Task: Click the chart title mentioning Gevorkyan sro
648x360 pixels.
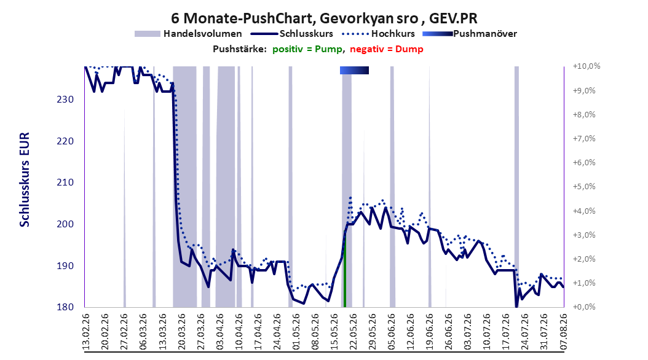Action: (x=324, y=18)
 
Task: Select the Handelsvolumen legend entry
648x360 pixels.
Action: (x=189, y=34)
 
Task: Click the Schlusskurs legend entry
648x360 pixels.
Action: (x=292, y=34)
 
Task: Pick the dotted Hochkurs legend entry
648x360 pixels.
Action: (x=378, y=34)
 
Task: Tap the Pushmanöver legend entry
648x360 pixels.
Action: (x=470, y=34)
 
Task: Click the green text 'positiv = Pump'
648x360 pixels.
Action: (x=307, y=49)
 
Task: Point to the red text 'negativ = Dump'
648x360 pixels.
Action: (x=387, y=49)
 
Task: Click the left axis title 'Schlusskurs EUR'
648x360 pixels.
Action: (x=25, y=179)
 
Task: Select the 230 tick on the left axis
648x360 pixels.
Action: (x=65, y=100)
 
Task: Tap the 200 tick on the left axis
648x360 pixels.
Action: (x=65, y=224)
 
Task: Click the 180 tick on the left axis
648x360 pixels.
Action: (x=65, y=307)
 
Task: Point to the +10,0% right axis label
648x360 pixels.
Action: (x=587, y=66)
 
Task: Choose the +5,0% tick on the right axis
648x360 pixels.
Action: (x=584, y=187)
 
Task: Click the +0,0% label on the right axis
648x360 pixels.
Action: (x=584, y=307)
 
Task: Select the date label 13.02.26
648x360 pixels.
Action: (x=86, y=332)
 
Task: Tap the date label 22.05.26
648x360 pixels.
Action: (x=354, y=332)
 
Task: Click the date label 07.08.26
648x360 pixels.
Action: (x=563, y=332)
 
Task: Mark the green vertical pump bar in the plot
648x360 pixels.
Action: (x=345, y=270)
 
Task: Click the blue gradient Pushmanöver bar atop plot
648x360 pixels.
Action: (x=354, y=71)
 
